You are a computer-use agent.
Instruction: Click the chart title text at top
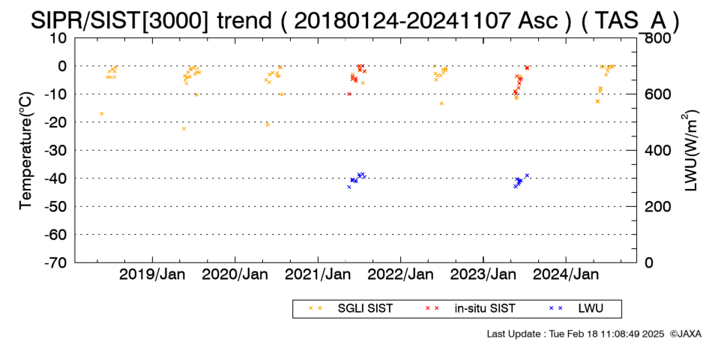click(x=355, y=20)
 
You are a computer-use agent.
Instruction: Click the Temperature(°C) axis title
click(x=26, y=151)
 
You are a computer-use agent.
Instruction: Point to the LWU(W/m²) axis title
click(x=690, y=151)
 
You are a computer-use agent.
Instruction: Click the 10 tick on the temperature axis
click(x=58, y=38)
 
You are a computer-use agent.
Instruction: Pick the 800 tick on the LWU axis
click(x=656, y=38)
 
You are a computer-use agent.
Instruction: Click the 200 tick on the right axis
click(x=656, y=206)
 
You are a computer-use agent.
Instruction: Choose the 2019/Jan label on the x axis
click(x=152, y=275)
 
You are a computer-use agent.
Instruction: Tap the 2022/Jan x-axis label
click(x=401, y=275)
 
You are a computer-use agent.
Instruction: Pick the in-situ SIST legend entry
click(x=471, y=309)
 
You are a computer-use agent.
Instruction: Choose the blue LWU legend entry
click(x=576, y=309)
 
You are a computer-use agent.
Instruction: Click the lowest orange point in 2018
click(x=102, y=114)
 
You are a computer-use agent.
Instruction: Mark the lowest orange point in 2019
click(x=184, y=129)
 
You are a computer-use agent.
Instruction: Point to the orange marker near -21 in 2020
click(x=268, y=124)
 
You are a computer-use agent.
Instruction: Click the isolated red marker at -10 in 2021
click(x=349, y=94)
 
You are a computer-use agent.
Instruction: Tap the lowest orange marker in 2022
click(x=441, y=103)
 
